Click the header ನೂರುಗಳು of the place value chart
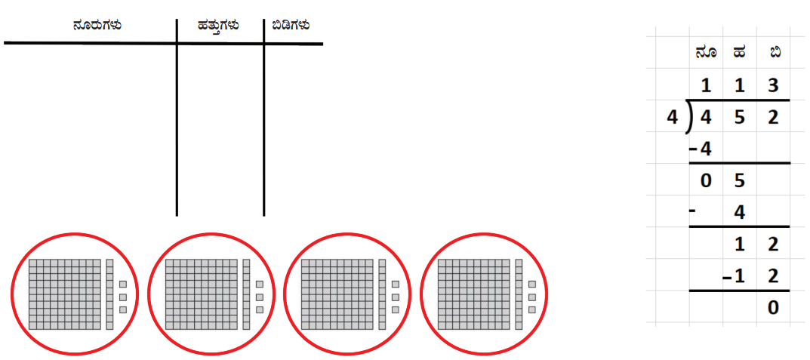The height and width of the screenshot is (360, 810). click(97, 25)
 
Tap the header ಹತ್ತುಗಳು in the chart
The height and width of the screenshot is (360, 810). click(218, 26)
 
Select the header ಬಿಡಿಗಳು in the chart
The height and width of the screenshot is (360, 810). click(291, 25)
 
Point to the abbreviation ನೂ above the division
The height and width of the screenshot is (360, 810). click(706, 53)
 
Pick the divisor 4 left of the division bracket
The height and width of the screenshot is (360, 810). click(672, 118)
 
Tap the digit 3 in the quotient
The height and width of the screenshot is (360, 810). click(773, 86)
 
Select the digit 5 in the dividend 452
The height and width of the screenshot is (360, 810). click(739, 118)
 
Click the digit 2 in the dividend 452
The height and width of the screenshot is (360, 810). click(773, 118)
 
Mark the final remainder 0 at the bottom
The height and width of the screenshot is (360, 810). click(773, 308)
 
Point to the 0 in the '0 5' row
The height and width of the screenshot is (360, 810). click(706, 181)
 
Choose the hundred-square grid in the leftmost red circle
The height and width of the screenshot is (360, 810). click(65, 294)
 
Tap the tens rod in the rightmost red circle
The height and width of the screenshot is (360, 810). click(519, 294)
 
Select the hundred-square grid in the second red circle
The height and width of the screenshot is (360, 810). click(201, 294)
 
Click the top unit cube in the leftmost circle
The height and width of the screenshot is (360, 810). click(123, 284)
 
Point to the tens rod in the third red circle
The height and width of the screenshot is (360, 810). click(382, 294)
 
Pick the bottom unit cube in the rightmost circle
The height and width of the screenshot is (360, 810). click(532, 309)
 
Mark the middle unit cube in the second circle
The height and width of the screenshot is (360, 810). click(260, 297)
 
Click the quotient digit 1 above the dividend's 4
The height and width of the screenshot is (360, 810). click(706, 86)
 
